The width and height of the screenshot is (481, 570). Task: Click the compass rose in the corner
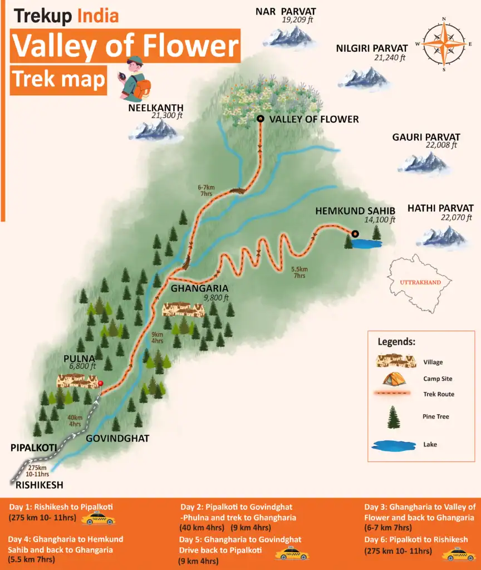click(x=444, y=44)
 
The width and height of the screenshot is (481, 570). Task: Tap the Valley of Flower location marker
click(x=260, y=119)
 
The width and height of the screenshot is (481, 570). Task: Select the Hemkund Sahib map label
click(x=355, y=211)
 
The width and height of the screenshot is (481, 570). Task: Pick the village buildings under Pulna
click(x=78, y=381)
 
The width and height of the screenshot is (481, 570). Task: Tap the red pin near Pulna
click(x=101, y=384)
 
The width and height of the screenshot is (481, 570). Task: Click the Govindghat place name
click(x=117, y=438)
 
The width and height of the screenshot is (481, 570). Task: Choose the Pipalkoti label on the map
click(x=33, y=447)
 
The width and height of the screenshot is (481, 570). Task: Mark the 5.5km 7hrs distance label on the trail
click(x=299, y=272)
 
